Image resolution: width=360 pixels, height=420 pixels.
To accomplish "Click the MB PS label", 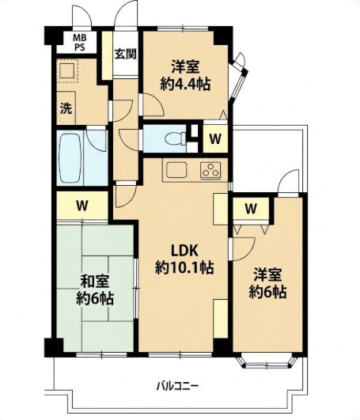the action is [80, 43].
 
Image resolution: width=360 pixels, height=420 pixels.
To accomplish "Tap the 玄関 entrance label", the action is [126, 54].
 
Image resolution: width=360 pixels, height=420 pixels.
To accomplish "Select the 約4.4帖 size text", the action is [185, 84].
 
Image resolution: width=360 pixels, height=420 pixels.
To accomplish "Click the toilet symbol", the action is [176, 139].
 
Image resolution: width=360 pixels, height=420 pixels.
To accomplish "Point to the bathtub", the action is [70, 158].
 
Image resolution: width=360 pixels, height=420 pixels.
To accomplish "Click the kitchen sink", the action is [176, 170].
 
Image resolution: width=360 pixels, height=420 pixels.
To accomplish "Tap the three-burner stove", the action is [210, 170].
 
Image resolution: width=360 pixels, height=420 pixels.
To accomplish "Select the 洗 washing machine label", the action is [66, 108].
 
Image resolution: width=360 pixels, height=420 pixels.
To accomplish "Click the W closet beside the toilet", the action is [215, 138].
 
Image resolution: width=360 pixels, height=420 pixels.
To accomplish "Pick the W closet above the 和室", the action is [82, 206].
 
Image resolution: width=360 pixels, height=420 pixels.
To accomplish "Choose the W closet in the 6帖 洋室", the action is [251, 208].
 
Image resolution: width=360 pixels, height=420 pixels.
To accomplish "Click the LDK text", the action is [184, 251].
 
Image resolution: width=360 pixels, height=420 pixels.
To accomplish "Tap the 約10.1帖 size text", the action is [184, 267].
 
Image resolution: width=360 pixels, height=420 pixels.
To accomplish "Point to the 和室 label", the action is [95, 282].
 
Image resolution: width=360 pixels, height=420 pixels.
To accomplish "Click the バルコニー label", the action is [177, 387].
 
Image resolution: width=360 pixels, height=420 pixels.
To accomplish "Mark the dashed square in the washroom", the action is [68, 71].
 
